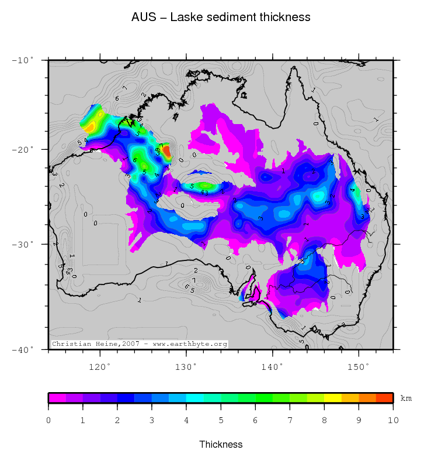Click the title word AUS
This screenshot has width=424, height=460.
pos(143,18)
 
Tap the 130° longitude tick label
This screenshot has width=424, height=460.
pos(186,367)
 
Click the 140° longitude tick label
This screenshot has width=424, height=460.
pos(272,367)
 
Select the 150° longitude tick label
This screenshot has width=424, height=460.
pos(359,367)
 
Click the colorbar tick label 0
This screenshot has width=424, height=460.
pos(48,420)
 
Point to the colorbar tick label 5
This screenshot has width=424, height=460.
pos(221,420)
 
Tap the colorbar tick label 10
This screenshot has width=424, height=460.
pos(393,420)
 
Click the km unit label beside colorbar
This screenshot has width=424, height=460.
pos(406,399)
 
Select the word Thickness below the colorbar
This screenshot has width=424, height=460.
pos(221,445)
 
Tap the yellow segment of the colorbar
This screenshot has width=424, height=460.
pos(332,398)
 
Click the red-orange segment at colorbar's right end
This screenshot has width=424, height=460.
pos(384,398)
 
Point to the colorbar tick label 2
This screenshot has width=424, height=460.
pos(117,420)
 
